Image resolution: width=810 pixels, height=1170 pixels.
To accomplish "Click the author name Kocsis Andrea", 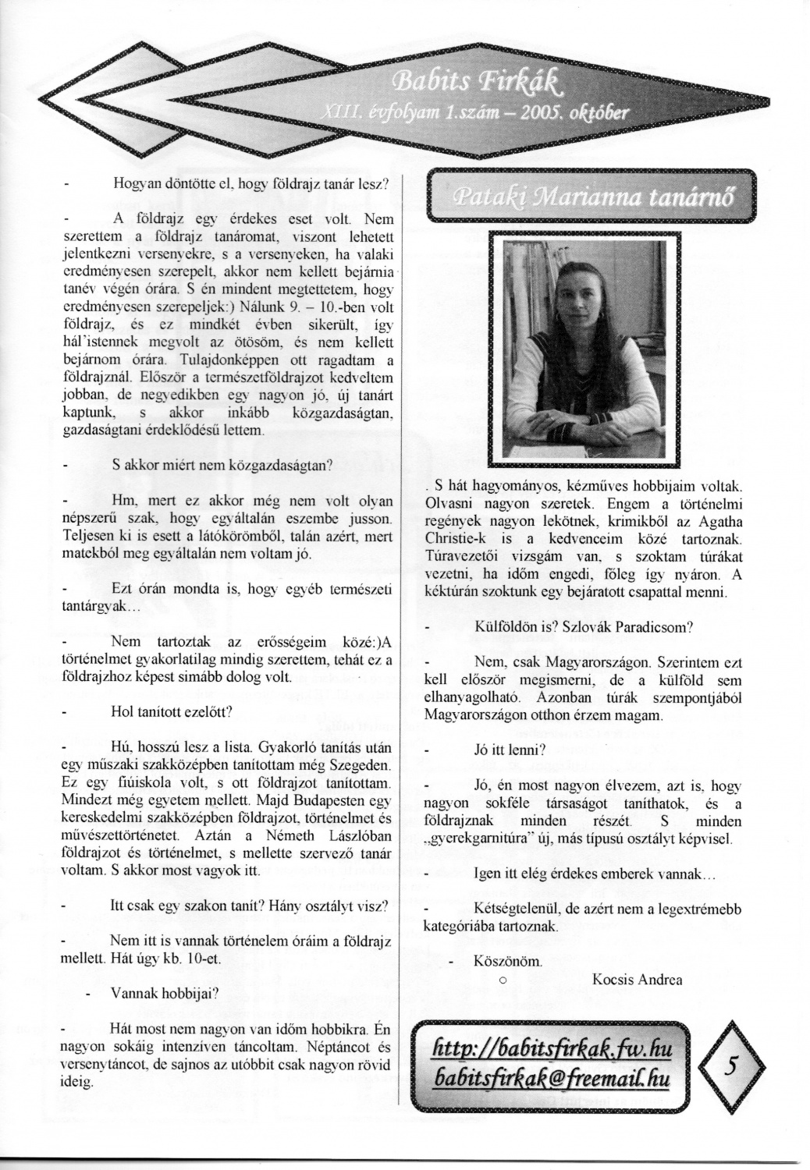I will click(638, 980).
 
